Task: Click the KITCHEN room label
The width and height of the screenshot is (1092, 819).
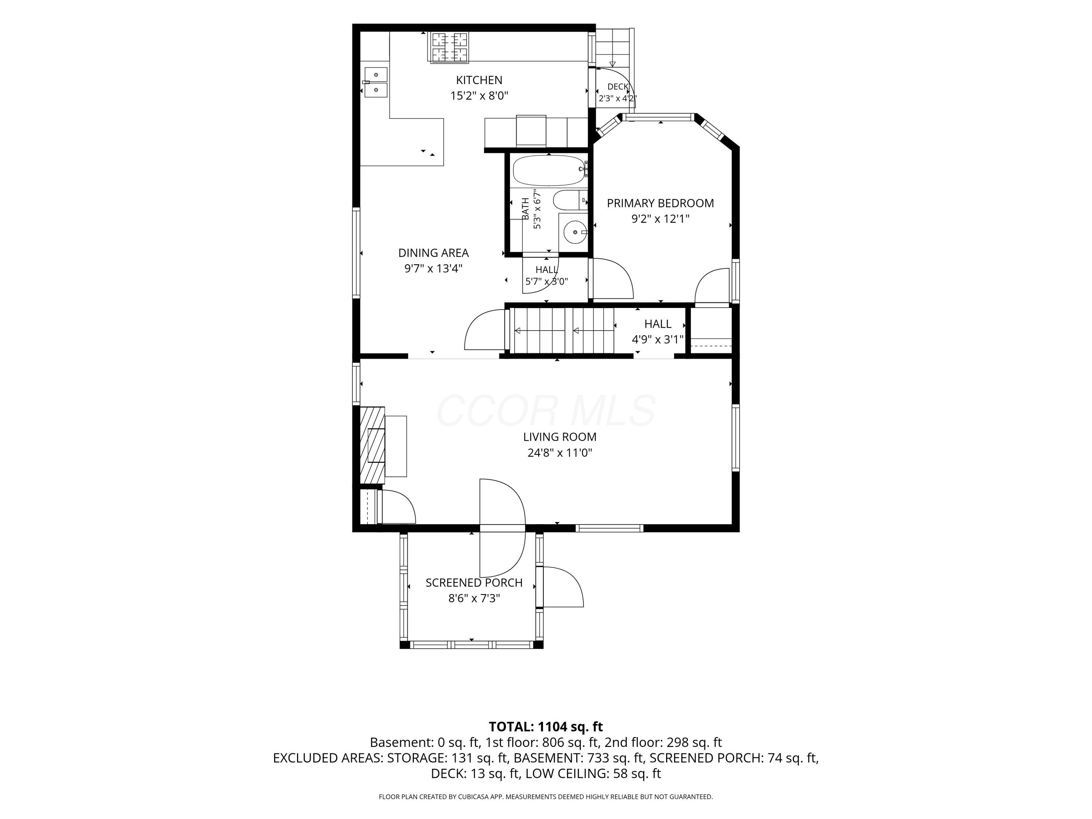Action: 479,80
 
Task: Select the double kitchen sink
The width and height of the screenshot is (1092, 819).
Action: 376,82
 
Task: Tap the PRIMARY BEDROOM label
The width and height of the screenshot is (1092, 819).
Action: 660,203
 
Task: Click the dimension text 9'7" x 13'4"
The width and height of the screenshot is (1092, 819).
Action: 433,269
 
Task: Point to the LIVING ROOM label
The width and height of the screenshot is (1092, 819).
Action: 560,437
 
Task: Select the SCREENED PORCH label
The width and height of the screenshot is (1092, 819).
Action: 474,582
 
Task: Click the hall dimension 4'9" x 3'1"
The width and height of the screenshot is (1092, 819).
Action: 658,340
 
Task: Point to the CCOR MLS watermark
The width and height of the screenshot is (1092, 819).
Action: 546,411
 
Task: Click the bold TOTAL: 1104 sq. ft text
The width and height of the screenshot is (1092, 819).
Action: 546,727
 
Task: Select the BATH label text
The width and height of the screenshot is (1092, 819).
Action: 526,209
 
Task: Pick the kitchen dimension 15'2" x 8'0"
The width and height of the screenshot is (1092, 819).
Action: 479,96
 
